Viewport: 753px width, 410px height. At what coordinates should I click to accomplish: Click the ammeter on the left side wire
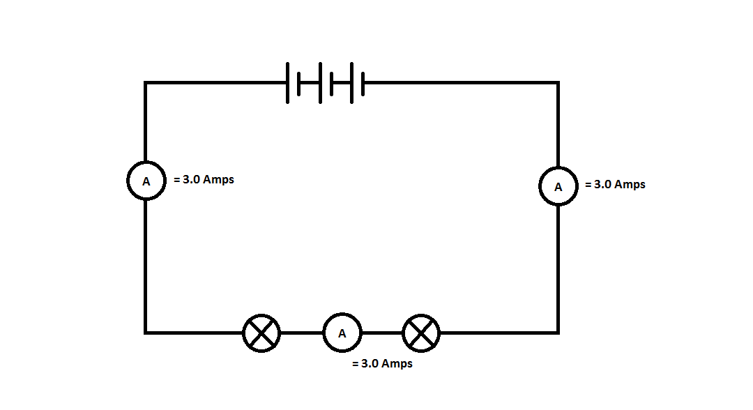(146, 181)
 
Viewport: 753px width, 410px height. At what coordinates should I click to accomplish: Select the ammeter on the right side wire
(558, 186)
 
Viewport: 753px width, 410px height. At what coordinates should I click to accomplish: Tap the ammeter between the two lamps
(342, 333)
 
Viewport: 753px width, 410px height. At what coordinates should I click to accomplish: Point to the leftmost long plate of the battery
(288, 82)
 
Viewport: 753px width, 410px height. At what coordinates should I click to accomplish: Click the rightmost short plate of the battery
(363, 82)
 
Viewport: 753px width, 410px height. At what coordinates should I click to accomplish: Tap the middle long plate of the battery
(320, 82)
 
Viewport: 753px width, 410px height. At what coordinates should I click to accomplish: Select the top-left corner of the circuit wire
(146, 83)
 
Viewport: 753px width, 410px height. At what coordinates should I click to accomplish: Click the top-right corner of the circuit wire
(558, 83)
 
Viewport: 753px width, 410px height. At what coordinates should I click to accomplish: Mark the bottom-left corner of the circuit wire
(146, 333)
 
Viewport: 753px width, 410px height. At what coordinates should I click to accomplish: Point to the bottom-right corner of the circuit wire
(558, 333)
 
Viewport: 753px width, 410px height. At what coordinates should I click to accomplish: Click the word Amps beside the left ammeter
(218, 179)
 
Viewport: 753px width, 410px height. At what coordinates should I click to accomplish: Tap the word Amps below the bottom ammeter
(397, 364)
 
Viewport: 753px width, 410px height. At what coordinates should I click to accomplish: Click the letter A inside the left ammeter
(146, 181)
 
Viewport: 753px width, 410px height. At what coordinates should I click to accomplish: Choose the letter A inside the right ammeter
(558, 187)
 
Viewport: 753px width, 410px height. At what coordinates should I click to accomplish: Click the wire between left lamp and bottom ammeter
(302, 333)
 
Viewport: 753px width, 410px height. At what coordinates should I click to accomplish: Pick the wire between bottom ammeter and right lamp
(382, 333)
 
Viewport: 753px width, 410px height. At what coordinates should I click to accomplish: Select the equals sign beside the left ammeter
(177, 179)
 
